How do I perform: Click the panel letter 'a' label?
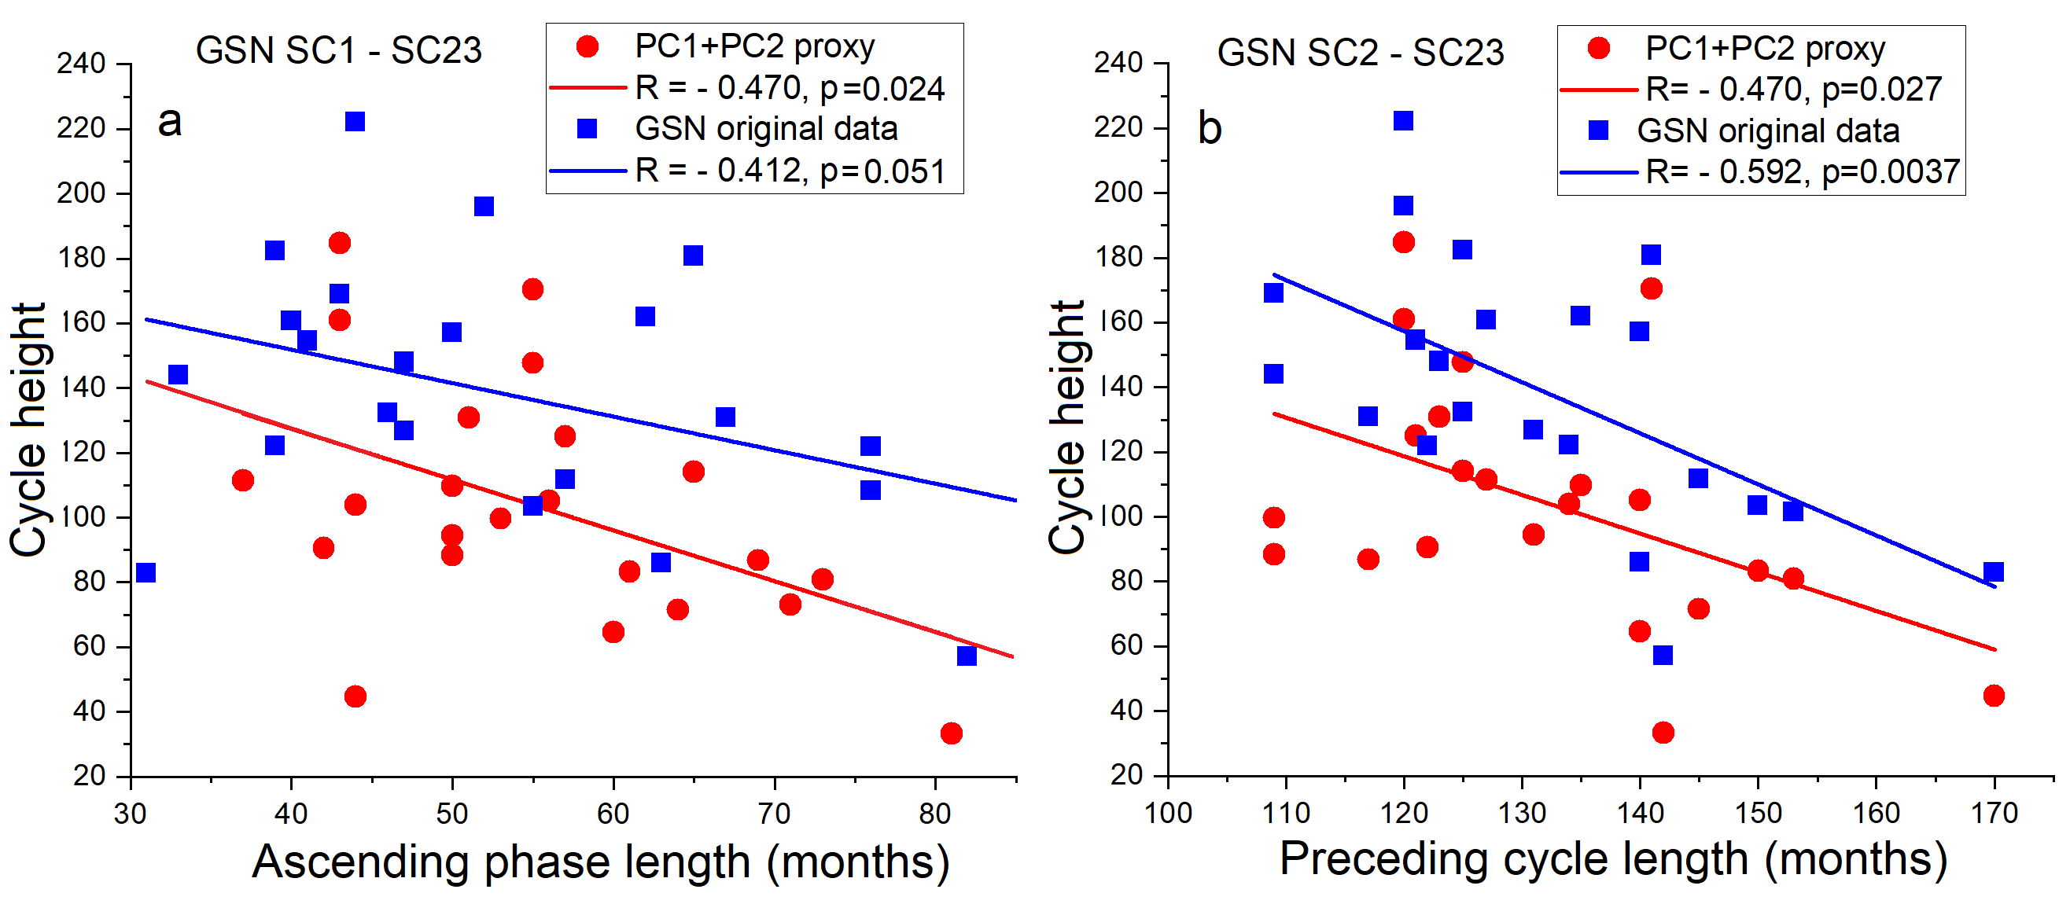[170, 123]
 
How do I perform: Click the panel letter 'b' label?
[1210, 129]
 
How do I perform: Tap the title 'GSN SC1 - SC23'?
[338, 50]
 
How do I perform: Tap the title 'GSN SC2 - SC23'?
[1360, 53]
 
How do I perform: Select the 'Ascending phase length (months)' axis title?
[600, 862]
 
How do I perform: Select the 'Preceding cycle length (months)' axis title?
[1613, 858]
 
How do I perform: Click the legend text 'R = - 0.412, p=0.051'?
[790, 171]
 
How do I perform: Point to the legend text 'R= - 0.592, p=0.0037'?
[1803, 172]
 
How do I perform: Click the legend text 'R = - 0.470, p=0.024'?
[790, 88]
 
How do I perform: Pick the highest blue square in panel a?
[355, 121]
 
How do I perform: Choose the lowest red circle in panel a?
[952, 733]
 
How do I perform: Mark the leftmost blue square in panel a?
[145, 573]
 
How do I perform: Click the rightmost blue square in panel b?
[1994, 572]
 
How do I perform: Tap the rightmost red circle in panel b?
[1994, 696]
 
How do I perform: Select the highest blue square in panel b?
[1403, 120]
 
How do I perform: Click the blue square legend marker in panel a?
[587, 129]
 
